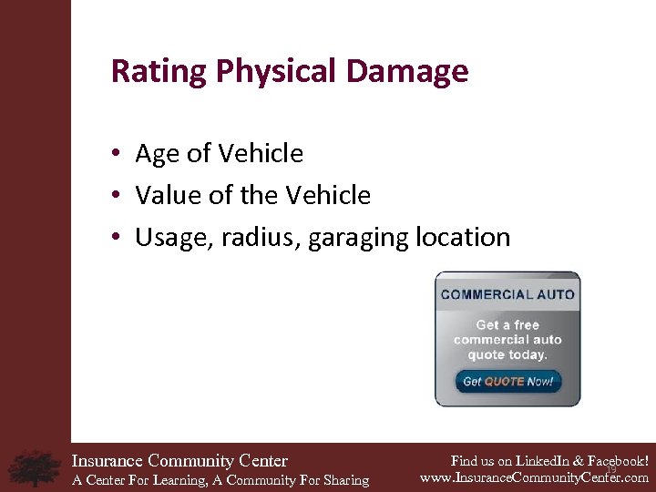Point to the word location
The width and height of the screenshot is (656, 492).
pos(462,237)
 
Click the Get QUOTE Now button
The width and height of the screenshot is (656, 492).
pos(507,382)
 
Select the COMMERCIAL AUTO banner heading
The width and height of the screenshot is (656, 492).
pos(507,294)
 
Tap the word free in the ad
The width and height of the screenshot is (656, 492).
pos(527,325)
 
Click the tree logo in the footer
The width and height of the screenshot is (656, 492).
pos(34,467)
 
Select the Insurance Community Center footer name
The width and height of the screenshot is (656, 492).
pos(179,461)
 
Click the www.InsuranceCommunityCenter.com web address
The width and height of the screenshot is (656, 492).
pos(534,477)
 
